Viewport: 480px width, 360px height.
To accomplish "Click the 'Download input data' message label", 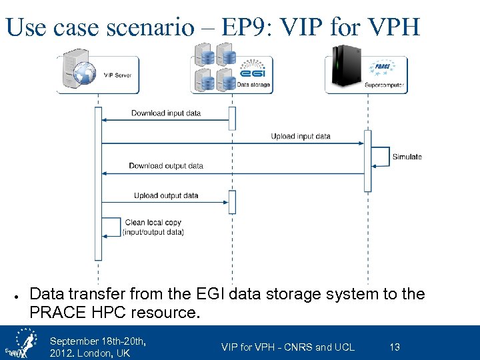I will click(165, 113).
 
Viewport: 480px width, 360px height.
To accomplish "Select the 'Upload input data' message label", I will click(300, 137).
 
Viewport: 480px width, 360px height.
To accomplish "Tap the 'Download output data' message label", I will click(165, 166).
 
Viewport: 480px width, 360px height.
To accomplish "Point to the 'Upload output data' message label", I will click(165, 196).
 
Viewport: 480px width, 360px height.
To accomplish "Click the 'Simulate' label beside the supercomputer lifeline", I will click(407, 157).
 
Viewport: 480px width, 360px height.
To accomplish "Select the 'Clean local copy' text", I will click(153, 223).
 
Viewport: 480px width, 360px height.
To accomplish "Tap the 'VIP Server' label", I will click(118, 75).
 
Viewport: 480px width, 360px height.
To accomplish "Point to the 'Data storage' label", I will click(254, 85).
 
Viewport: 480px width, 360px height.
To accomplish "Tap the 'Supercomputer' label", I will click(384, 85).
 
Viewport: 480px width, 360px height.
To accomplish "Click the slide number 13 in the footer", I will click(395, 347).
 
